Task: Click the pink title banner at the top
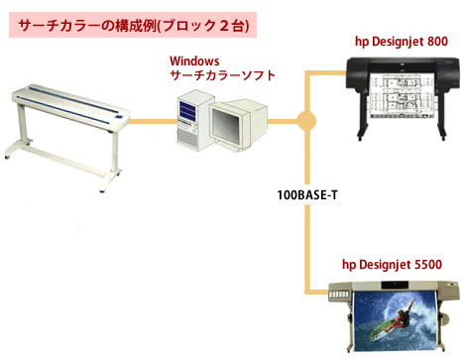133,25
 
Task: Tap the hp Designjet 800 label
402,42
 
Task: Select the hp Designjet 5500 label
392,265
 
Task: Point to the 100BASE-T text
307,195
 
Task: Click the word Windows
194,61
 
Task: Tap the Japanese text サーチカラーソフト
222,75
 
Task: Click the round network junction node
306,121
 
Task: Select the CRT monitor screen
226,125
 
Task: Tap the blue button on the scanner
118,117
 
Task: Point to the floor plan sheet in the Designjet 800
402,95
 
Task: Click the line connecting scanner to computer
153,121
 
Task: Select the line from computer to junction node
283,121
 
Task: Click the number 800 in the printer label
437,42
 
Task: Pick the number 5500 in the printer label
428,265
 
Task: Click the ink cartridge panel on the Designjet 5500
340,294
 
